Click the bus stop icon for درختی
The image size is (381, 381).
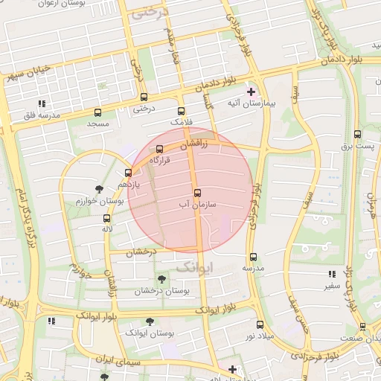144,97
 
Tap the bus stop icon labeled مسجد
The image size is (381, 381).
97,112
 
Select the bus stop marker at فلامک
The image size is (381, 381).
181,111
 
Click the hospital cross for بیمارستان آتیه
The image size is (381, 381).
252,92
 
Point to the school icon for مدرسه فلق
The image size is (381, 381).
42,104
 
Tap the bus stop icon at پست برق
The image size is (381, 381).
358,135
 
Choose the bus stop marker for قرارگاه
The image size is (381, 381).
159,149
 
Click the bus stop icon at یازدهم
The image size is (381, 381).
128,173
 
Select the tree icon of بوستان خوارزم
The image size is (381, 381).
100,190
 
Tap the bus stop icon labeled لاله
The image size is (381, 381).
107,219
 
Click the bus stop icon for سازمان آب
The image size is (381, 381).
197,193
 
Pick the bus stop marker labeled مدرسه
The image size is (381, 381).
253,257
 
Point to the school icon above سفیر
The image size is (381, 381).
331,274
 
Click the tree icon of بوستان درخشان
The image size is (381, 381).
161,279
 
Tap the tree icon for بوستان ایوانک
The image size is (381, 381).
150,322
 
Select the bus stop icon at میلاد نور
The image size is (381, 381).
260,324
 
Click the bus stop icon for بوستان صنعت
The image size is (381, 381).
362,327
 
